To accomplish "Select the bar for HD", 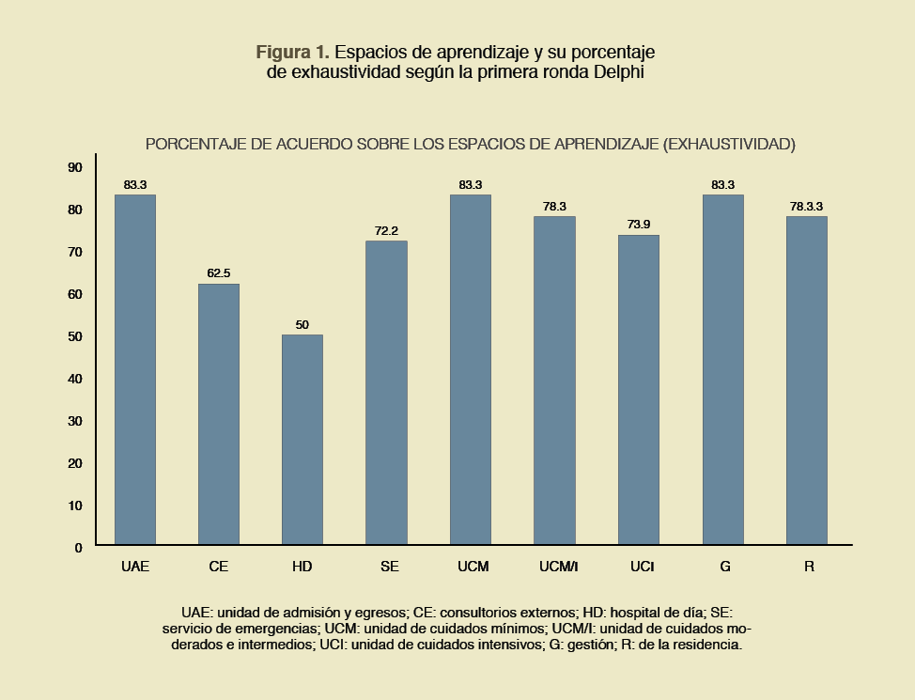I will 302,440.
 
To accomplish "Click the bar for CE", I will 219,413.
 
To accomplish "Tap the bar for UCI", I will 639,389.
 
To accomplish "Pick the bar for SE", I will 386,393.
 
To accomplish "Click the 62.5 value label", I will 219,273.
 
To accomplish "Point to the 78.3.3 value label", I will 806,206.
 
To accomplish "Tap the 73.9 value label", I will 639,225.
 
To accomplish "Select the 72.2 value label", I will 386,230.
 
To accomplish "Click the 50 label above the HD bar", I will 302,325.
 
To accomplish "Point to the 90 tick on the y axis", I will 75,167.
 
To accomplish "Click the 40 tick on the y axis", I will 75,379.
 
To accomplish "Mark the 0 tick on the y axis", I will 79,547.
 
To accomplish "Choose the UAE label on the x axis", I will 135,568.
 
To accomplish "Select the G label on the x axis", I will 725,568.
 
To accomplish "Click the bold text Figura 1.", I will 292,51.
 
